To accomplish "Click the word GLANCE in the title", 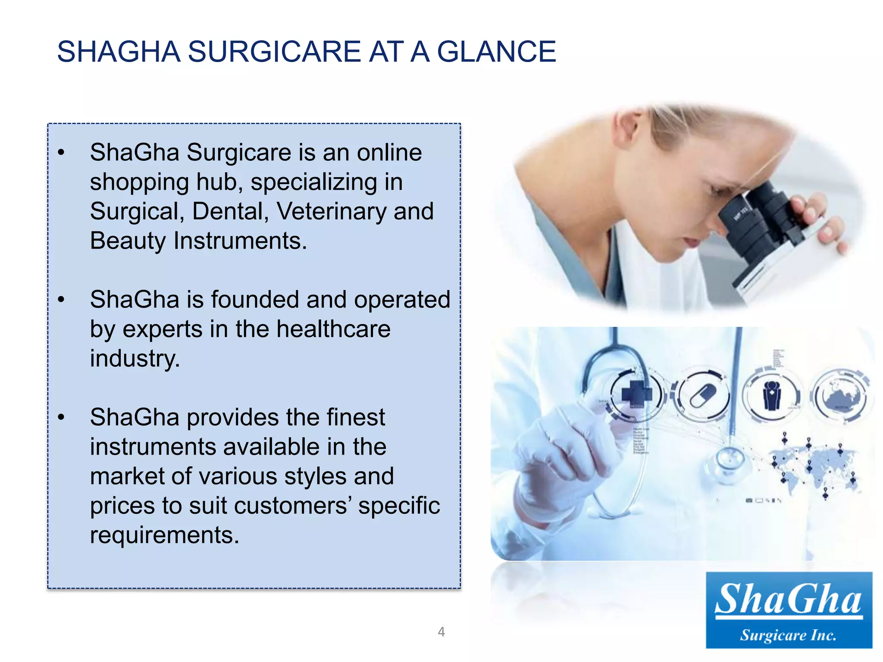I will (496, 52).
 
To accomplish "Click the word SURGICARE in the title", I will (274, 52).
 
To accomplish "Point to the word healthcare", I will (333, 329).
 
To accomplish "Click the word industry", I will (135, 358).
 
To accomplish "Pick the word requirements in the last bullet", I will (164, 535).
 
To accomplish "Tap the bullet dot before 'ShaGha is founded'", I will (61, 300).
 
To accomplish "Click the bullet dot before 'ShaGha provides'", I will (61, 418).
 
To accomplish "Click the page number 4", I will (441, 632).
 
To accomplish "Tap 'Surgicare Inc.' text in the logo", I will (789, 635).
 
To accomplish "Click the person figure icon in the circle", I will (772, 394).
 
